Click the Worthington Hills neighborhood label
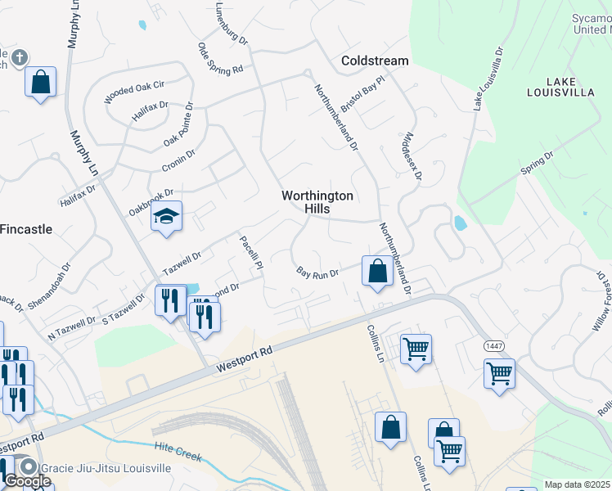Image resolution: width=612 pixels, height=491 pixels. tap(317, 202)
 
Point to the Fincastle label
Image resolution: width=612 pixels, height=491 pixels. tap(25, 229)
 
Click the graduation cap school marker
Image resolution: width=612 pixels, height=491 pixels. tap(167, 217)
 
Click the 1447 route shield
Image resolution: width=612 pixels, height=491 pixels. tap(493, 346)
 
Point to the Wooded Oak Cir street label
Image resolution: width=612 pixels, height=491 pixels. tap(135, 91)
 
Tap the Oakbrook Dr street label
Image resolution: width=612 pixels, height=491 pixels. tap(151, 200)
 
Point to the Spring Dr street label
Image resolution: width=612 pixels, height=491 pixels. tap(537, 162)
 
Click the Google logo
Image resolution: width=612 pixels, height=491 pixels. tap(28, 481)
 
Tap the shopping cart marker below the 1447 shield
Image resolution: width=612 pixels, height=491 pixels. tap(499, 374)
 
